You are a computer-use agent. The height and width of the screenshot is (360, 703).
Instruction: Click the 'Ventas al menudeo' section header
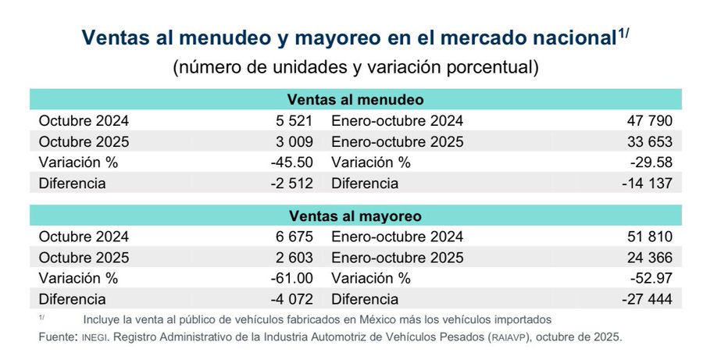(355, 100)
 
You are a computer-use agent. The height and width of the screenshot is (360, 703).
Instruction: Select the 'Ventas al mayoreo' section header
(355, 216)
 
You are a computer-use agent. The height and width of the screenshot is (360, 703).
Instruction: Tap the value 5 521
(294, 121)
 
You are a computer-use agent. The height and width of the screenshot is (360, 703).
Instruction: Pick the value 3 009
(294, 142)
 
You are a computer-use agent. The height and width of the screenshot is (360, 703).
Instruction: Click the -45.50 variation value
(292, 162)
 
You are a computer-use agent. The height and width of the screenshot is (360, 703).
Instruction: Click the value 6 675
(294, 237)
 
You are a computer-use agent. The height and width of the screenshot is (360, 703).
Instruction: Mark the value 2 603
(294, 258)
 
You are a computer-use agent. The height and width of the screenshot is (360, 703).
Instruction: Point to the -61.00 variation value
(292, 278)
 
